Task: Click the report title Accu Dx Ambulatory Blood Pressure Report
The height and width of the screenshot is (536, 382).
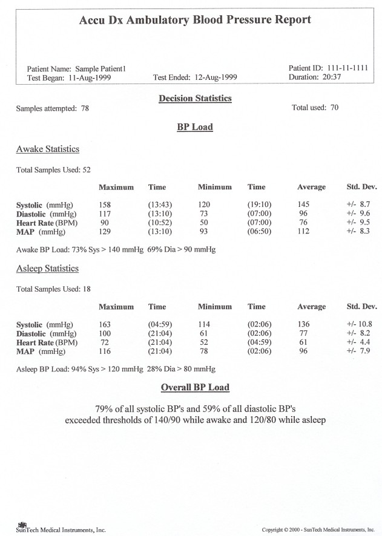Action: [x=195, y=20]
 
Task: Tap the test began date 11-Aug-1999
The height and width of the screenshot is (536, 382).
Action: [x=90, y=78]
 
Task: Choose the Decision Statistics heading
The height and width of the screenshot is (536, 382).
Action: [x=195, y=98]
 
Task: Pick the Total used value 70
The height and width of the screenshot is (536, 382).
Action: [x=334, y=108]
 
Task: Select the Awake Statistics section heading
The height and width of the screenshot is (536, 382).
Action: [x=48, y=149]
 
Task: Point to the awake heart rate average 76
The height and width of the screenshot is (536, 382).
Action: [x=303, y=222]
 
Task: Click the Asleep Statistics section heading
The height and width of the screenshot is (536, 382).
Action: [x=47, y=269]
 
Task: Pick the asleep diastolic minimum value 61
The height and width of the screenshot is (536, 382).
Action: [x=204, y=333]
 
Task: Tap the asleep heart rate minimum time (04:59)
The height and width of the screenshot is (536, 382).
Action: [x=259, y=342]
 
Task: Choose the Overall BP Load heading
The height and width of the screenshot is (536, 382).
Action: [x=195, y=388]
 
